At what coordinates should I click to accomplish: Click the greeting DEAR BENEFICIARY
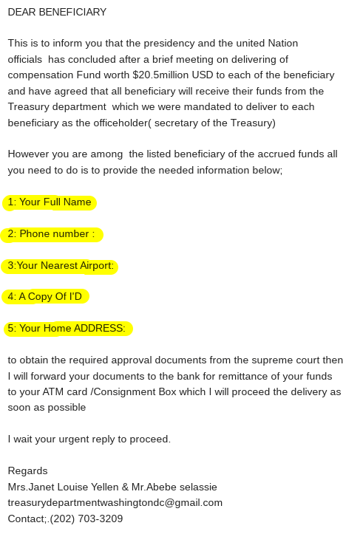[57, 12]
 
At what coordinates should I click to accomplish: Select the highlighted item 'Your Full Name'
[50, 202]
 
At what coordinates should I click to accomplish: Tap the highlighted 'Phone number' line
[52, 234]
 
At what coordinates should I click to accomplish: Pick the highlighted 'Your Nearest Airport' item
[61, 266]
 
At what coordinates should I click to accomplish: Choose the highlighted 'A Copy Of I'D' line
[46, 297]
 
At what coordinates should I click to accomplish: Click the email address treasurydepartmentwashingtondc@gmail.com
[115, 503]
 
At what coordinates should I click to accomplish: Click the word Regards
[27, 471]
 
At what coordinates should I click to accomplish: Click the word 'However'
[27, 154]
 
